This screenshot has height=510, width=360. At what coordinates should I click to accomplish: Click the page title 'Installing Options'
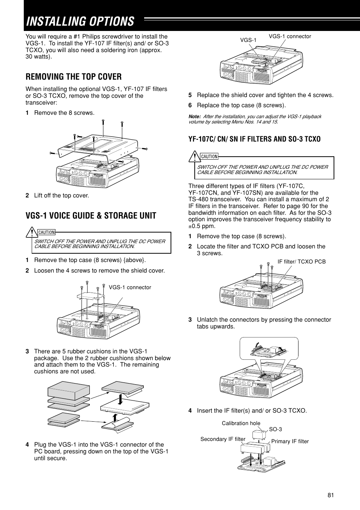click(80, 22)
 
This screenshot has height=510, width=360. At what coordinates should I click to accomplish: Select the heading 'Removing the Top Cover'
click(74, 77)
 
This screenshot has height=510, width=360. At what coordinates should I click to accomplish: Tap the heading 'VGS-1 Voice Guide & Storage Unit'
click(91, 216)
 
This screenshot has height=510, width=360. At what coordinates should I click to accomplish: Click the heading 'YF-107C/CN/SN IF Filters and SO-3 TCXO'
click(254, 139)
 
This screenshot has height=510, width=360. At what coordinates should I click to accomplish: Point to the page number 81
click(331, 496)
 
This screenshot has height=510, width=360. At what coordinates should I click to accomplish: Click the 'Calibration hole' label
click(241, 423)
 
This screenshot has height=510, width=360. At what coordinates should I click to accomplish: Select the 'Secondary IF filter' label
click(223, 439)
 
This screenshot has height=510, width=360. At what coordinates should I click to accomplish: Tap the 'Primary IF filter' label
click(290, 441)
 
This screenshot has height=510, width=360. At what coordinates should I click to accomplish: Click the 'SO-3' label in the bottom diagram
click(275, 429)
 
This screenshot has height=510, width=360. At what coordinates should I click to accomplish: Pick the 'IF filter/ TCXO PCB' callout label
click(302, 262)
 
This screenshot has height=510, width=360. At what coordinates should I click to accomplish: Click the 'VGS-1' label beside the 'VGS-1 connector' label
click(248, 40)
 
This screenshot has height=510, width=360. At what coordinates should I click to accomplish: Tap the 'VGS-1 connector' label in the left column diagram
click(130, 287)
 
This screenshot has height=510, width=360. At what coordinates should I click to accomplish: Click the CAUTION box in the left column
click(102, 243)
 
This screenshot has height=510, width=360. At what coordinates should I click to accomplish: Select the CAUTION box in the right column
click(264, 168)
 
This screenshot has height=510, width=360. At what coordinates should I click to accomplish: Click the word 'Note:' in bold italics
click(194, 116)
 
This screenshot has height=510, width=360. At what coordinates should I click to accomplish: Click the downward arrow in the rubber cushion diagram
click(120, 398)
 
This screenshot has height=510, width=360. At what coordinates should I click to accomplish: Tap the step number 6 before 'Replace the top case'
click(190, 105)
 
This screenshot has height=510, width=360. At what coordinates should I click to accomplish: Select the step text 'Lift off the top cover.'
click(62, 196)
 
